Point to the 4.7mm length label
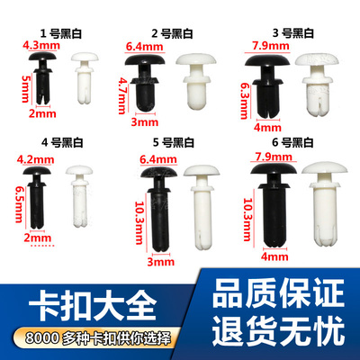coord(121,91)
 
